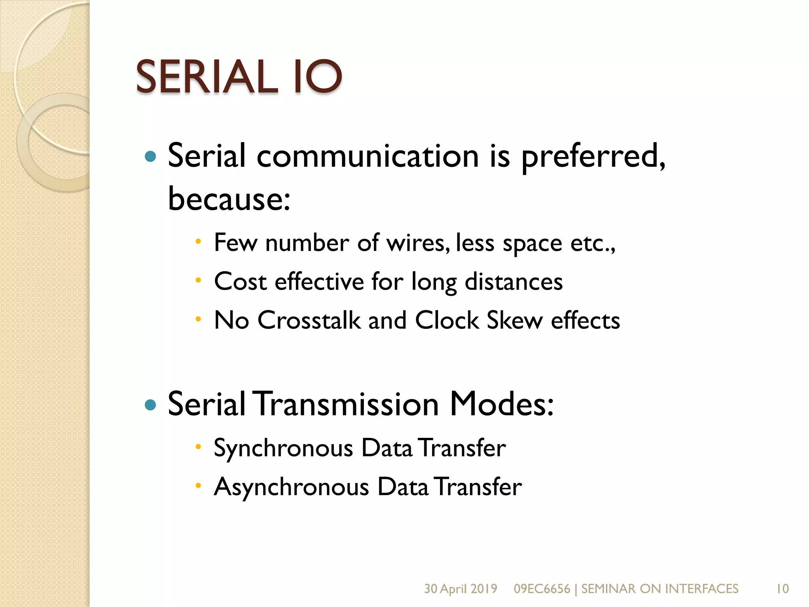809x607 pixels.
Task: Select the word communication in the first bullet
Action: (367, 156)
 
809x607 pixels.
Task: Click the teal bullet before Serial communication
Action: (151, 157)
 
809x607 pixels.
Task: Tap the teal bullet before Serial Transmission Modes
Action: (151, 405)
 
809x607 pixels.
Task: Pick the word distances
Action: (514, 282)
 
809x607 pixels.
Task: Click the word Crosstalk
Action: (309, 320)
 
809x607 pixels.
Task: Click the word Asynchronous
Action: (291, 487)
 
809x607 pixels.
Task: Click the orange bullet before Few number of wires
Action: (198, 241)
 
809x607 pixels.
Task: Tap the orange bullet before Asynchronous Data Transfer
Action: (198, 486)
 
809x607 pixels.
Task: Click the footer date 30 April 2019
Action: (461, 589)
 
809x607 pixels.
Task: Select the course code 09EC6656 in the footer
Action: (542, 589)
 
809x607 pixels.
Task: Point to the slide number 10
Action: (783, 589)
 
